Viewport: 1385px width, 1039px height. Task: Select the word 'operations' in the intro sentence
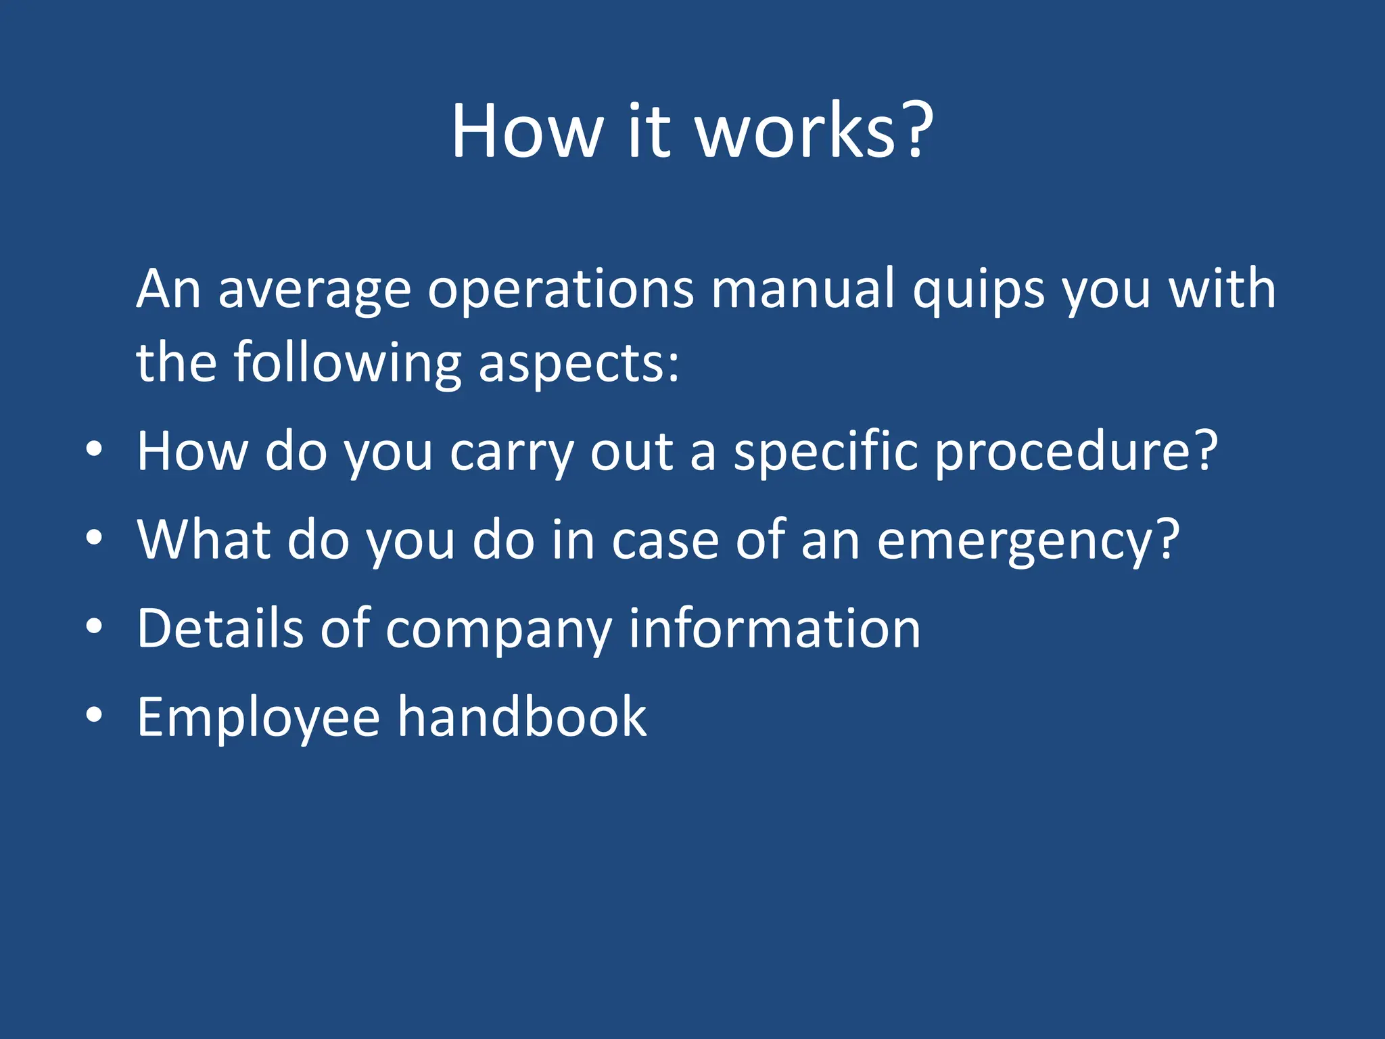coord(561,290)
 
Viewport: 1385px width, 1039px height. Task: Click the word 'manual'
coord(803,290)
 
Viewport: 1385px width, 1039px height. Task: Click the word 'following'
coord(348,364)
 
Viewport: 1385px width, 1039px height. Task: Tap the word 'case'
coord(665,541)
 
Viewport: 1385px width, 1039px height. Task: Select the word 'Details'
coord(220,629)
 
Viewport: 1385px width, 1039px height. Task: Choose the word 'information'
coord(774,629)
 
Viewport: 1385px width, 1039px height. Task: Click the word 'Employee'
coord(258,718)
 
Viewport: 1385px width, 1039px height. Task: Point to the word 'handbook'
coord(522,717)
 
